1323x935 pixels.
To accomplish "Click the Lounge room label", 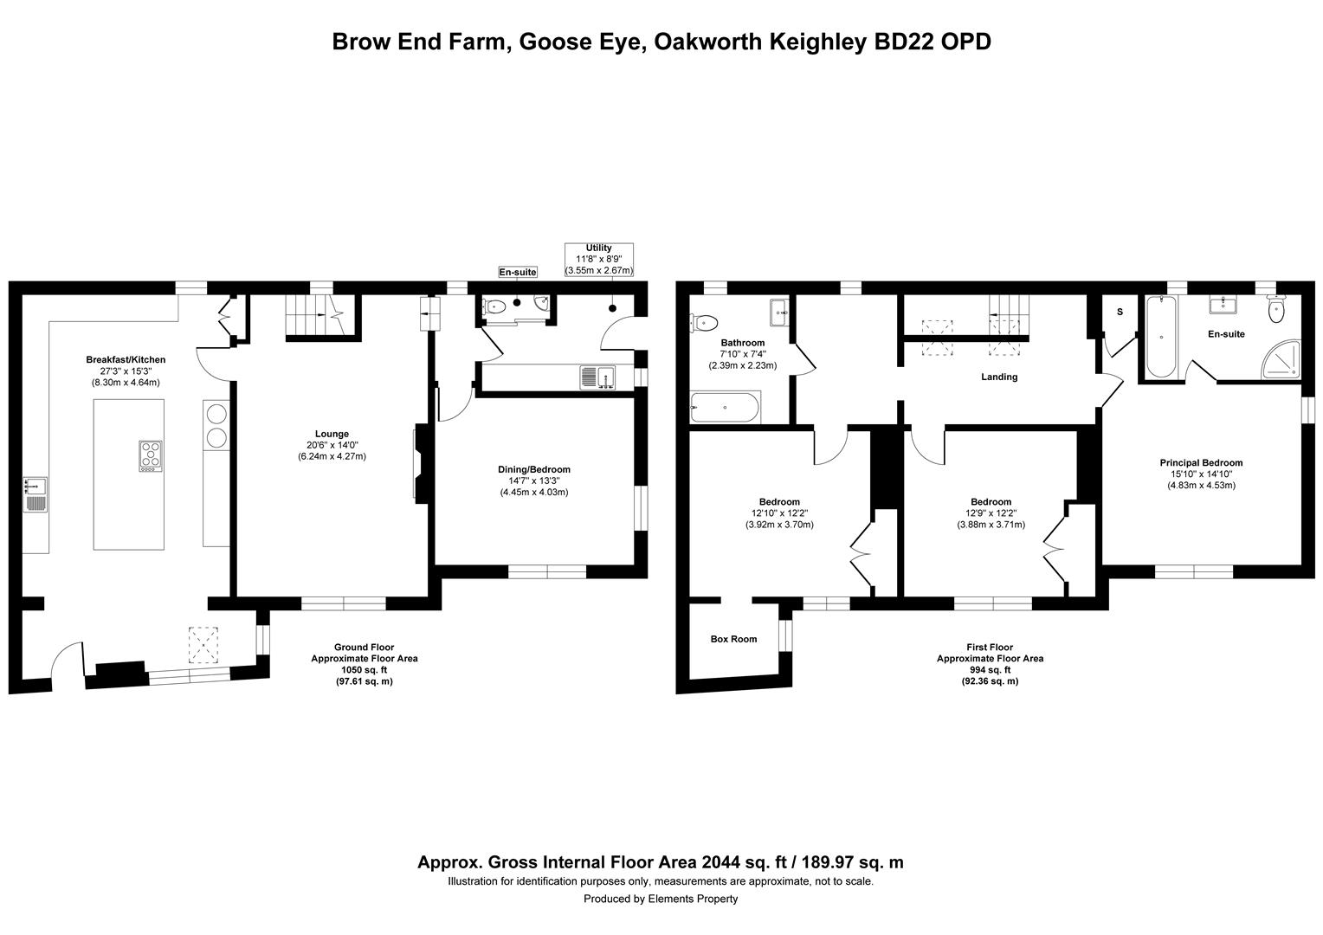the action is [332, 434].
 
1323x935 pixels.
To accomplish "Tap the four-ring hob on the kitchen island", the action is [151, 455].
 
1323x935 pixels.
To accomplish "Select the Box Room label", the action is [733, 639].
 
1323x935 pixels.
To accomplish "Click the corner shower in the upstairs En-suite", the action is [1281, 358].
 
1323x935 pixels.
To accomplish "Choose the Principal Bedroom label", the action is [1201, 462].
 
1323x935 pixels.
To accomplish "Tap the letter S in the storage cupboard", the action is [1120, 312].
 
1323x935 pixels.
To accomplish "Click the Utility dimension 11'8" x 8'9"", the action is [599, 259].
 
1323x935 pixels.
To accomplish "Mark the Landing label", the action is [999, 377].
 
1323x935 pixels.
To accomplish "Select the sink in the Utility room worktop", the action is [597, 377].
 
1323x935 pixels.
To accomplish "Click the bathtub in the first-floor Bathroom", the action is [725, 407].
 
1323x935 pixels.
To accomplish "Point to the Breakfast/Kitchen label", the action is [126, 359].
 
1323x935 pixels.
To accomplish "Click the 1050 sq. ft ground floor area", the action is [365, 670].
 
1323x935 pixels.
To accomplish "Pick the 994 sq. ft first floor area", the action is [990, 670].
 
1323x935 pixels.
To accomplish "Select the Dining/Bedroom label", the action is [534, 469].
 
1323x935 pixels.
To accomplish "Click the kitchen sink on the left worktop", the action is [35, 494].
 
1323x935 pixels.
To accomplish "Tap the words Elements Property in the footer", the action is [693, 899].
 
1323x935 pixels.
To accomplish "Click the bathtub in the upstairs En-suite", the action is [1161, 336].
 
